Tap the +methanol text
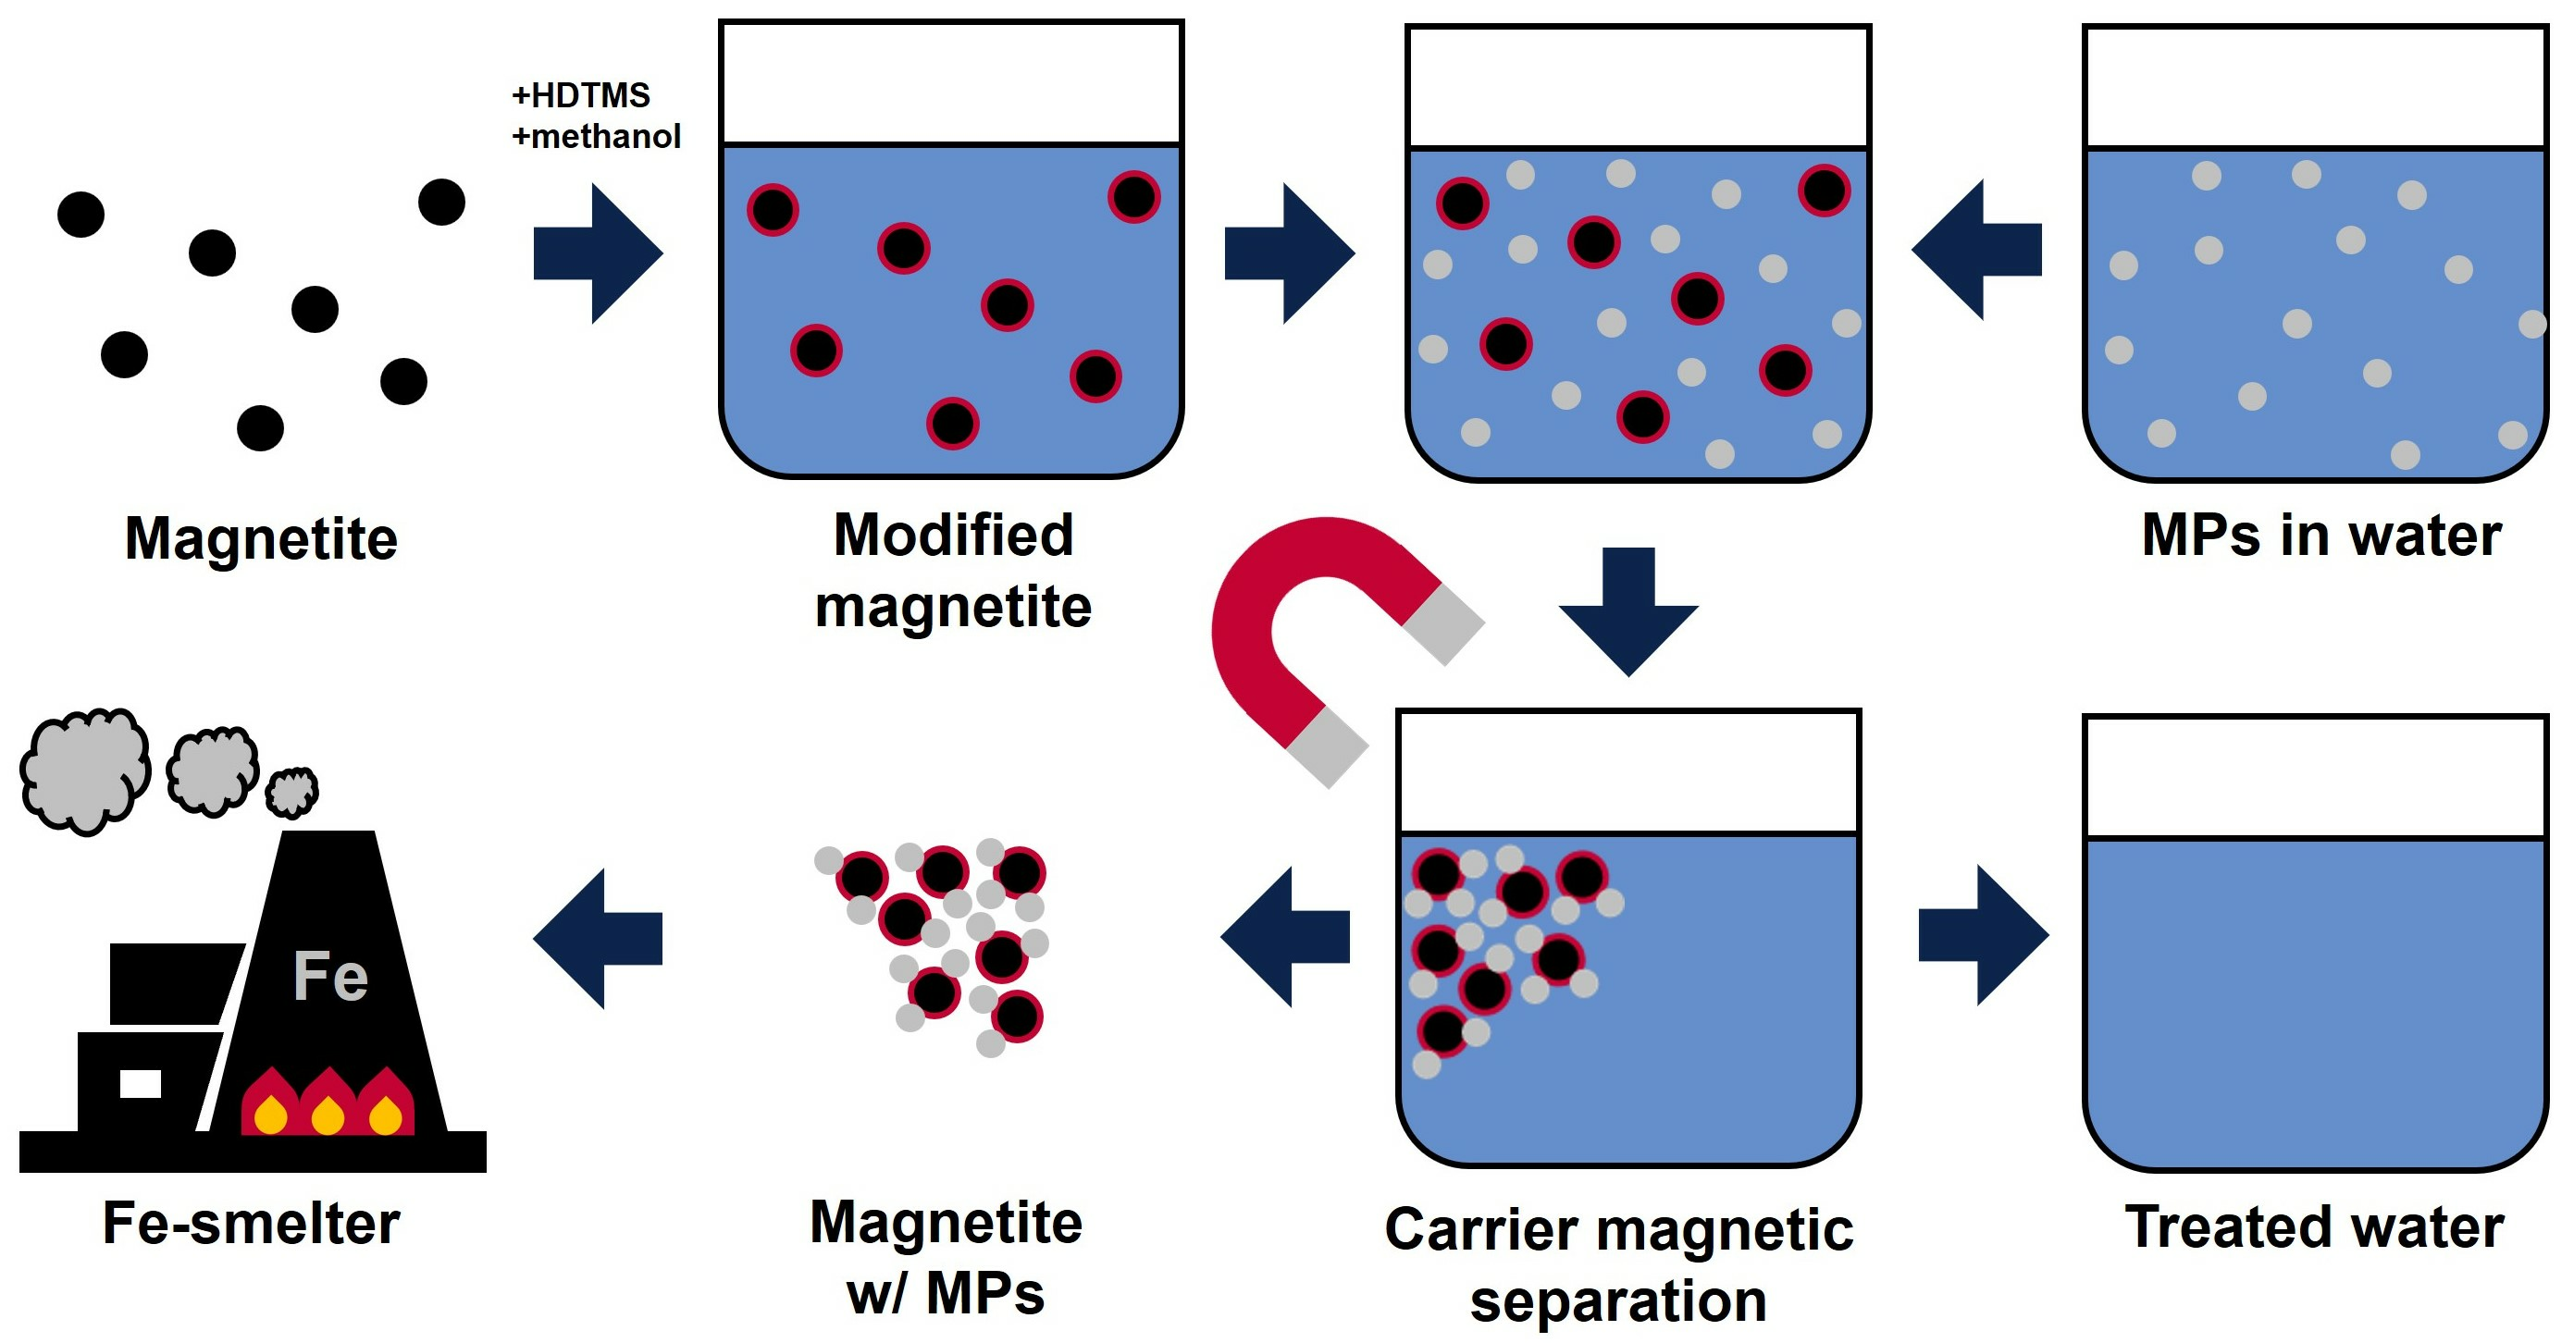point(597,136)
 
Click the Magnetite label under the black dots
point(261,538)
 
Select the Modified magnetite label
point(953,571)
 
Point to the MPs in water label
point(2321,536)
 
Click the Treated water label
point(2314,1227)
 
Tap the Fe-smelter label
point(252,1223)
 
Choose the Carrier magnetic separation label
point(1619,1264)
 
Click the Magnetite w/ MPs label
point(947,1257)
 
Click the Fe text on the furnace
point(330,977)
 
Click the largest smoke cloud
point(86,770)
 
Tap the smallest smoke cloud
point(291,792)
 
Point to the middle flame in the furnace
point(328,1105)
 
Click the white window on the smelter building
point(140,1083)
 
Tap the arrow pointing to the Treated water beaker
point(1983,935)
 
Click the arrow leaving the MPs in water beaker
point(1975,250)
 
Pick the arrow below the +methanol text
point(598,253)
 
